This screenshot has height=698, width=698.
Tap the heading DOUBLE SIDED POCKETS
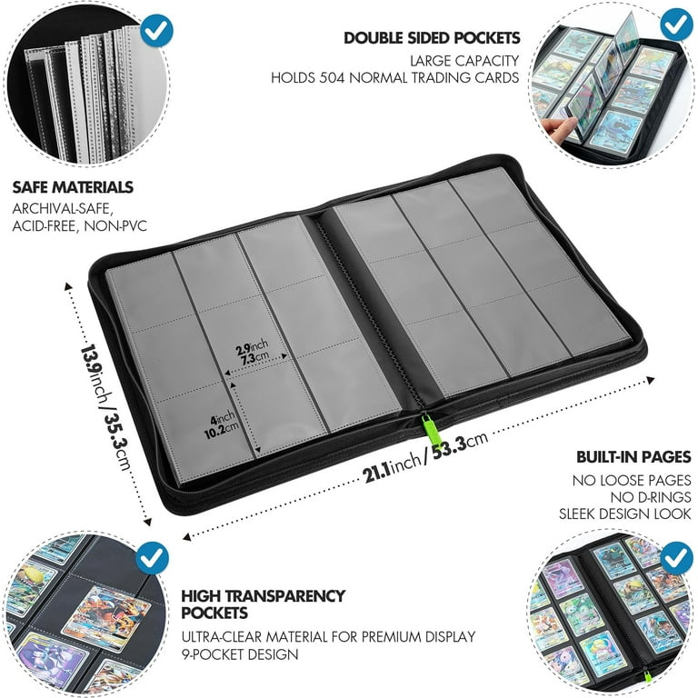point(432,38)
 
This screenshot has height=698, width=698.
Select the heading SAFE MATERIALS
point(73,187)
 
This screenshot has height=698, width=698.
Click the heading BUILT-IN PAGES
point(633,457)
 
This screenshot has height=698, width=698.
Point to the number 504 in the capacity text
point(332,78)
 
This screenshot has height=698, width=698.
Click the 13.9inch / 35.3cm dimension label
point(105,407)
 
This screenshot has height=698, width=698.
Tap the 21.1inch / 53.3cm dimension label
point(426,457)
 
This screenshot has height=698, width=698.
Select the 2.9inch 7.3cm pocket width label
point(253,352)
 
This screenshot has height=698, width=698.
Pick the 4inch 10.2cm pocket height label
point(221,426)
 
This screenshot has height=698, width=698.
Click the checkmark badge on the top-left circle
point(156,30)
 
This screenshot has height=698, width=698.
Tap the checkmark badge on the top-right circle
point(676,24)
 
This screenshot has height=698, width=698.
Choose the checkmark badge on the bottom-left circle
point(153,558)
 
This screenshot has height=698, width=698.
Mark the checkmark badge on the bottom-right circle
point(677,558)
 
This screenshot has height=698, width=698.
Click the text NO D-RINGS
point(651,497)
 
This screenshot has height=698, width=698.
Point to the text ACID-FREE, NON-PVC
point(80,226)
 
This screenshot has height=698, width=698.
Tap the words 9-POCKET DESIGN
point(240,654)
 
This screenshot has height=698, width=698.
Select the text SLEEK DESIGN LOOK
point(625,514)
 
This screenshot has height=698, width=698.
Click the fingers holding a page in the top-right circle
point(556,127)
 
